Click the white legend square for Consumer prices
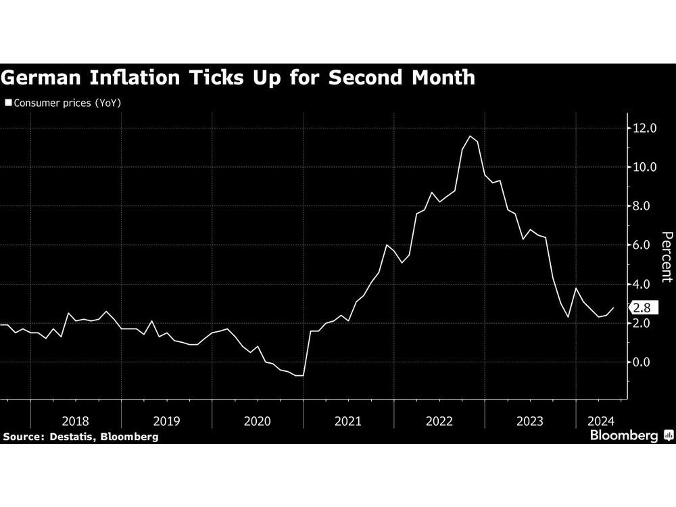pos(8,103)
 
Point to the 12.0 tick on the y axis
pos(644,128)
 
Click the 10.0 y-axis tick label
pos(644,167)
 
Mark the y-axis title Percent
pos(666,257)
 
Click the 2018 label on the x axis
pos(76,420)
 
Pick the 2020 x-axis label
pos(258,420)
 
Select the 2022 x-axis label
pos(439,420)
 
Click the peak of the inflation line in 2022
pos(470,137)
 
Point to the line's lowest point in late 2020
pos(299,375)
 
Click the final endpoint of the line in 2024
pos(614,308)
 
